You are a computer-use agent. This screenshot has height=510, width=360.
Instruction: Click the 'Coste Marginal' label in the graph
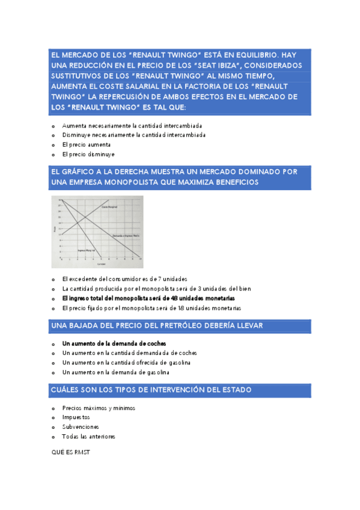108,206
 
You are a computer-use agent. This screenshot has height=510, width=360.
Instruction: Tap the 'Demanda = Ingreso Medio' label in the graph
126,236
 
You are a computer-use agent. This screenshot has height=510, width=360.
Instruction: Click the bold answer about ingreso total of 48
148,298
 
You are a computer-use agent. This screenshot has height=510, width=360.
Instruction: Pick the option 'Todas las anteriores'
88,437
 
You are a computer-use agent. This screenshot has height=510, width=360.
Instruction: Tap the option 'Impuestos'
76,417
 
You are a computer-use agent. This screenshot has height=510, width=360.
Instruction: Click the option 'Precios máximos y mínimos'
99,408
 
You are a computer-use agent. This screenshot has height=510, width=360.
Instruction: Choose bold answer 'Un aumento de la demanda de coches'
114,343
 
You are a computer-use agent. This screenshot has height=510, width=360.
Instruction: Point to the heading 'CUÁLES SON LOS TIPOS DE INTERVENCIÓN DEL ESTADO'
152,390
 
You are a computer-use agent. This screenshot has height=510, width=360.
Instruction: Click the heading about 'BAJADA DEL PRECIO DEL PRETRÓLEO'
157,325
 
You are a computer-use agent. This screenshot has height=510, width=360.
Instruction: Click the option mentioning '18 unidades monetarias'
151,308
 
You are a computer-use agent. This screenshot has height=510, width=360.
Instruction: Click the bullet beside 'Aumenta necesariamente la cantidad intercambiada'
54,126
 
